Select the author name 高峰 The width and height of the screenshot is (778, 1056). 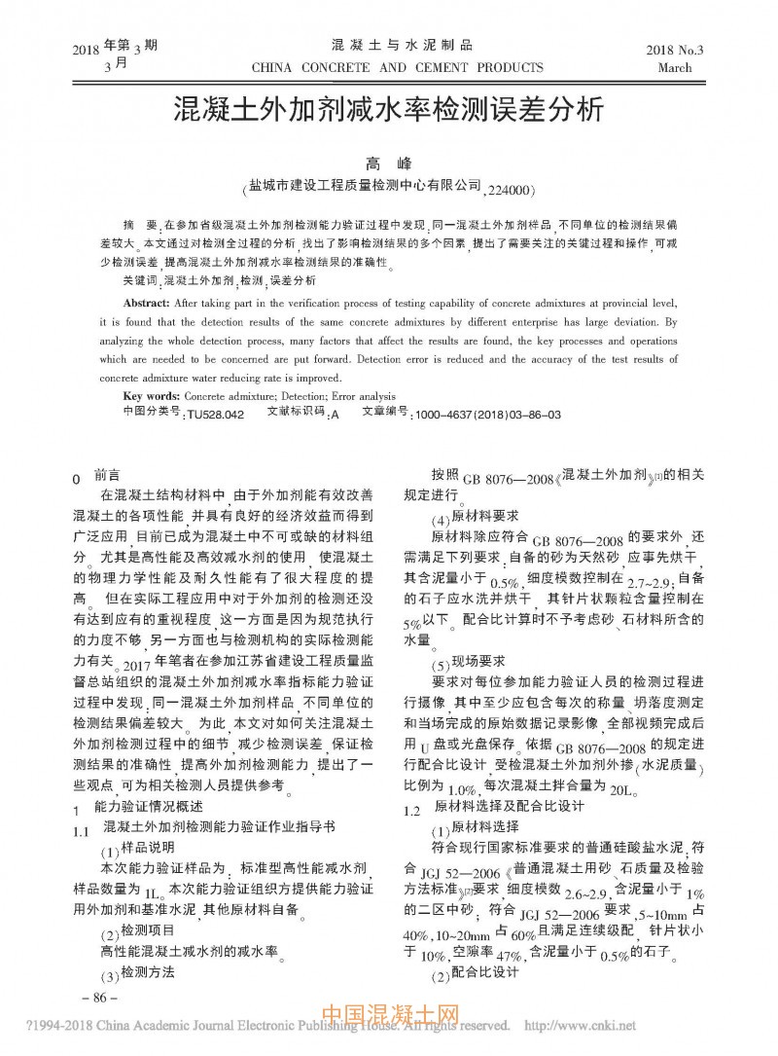point(389,163)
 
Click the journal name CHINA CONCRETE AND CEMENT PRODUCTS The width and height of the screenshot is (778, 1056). point(397,68)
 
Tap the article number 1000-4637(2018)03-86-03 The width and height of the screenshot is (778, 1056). point(487,414)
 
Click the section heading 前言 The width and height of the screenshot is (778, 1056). point(107,476)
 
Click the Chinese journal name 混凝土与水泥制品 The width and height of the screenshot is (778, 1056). point(402,46)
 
